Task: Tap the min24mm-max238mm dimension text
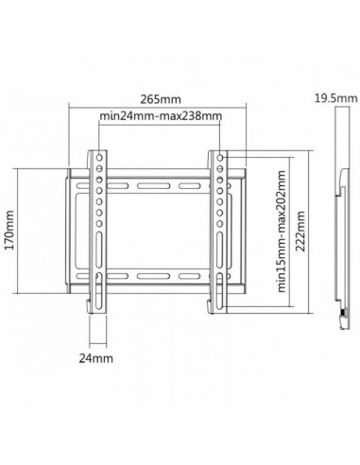click(161, 116)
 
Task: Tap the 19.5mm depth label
click(334, 96)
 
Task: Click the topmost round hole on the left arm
click(98, 155)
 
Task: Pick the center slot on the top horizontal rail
click(159, 177)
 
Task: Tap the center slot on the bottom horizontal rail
click(159, 275)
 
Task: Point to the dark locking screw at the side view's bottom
click(336, 308)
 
